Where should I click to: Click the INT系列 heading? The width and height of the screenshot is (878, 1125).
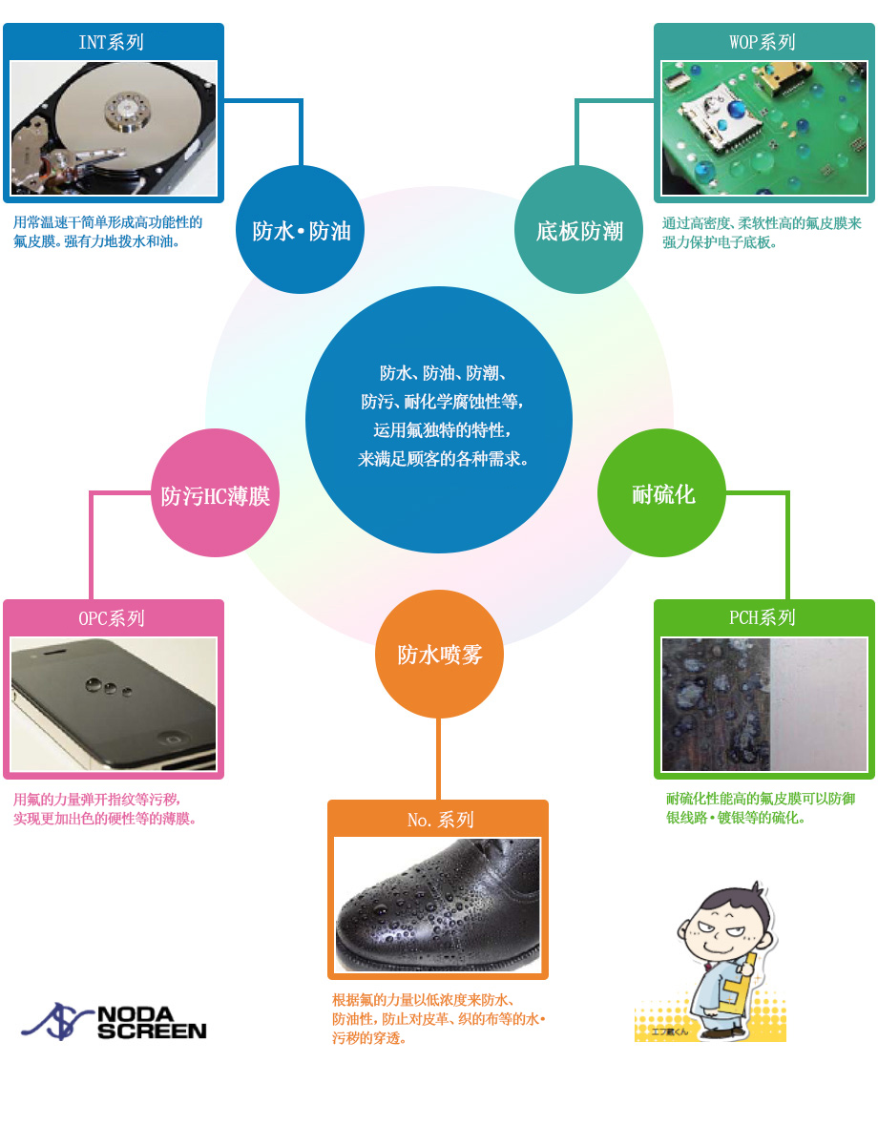pos(112,42)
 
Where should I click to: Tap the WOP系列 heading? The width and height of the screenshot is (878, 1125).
pos(763,42)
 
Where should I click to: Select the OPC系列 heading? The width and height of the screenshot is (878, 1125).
pos(112,618)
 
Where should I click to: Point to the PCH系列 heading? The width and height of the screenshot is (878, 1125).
pos(763,617)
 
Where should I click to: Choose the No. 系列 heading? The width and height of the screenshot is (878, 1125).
pos(441,820)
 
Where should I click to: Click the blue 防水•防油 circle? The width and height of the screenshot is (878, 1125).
pos(300,230)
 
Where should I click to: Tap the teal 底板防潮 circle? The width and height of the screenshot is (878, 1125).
pos(579,230)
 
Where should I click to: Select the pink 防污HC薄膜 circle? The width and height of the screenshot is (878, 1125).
pos(215,493)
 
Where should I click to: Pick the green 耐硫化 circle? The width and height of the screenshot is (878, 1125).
pos(661,493)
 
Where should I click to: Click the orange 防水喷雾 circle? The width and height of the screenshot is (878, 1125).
pos(439,654)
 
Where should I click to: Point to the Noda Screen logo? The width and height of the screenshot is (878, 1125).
pos(115,1022)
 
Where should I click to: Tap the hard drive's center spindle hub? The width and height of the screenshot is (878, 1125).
pos(127,112)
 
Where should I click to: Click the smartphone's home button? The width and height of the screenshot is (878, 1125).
pos(172,738)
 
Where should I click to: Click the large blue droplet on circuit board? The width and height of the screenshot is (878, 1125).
pos(737,109)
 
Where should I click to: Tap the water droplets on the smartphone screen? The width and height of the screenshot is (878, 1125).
pos(108,687)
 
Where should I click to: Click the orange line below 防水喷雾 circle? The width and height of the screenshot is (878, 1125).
pos(438,759)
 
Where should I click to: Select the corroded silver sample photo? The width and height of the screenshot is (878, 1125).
pos(763,704)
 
